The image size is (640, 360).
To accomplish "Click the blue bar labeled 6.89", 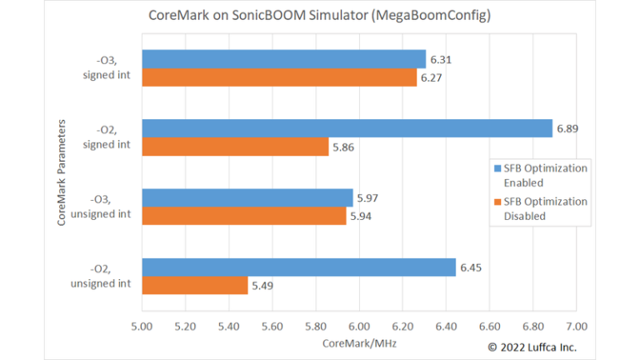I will point(347,128).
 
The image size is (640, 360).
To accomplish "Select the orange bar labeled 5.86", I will point(235,147).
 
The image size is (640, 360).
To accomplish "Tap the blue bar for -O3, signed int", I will point(283,59).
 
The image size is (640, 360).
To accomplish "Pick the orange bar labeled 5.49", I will point(195,285).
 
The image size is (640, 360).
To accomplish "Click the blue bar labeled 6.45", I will point(298,267).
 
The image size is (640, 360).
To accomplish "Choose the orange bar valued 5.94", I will point(243,216).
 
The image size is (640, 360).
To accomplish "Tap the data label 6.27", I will point(432,77).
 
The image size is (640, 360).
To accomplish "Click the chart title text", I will point(320,15).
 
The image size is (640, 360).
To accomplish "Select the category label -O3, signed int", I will point(107,68).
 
